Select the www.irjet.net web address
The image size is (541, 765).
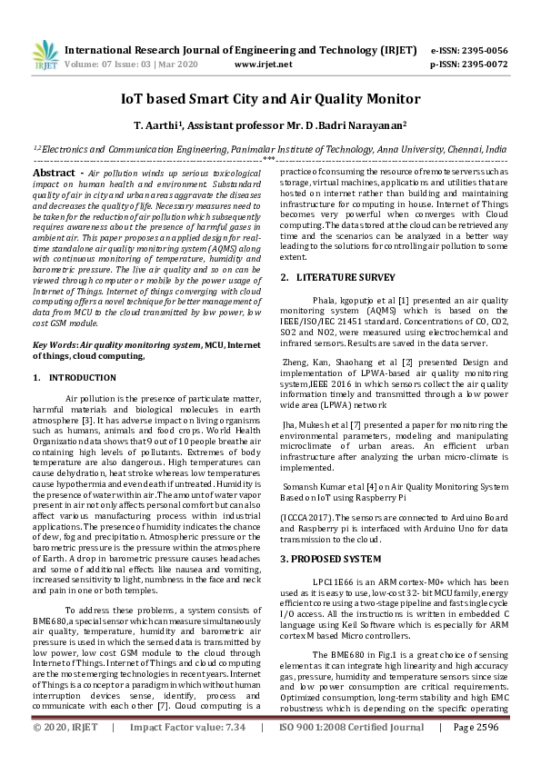pos(263,65)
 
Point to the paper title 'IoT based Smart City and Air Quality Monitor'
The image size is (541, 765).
pos(270,98)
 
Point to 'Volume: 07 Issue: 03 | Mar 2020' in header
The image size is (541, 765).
pos(132,65)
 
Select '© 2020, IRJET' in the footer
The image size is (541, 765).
pos(66,753)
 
